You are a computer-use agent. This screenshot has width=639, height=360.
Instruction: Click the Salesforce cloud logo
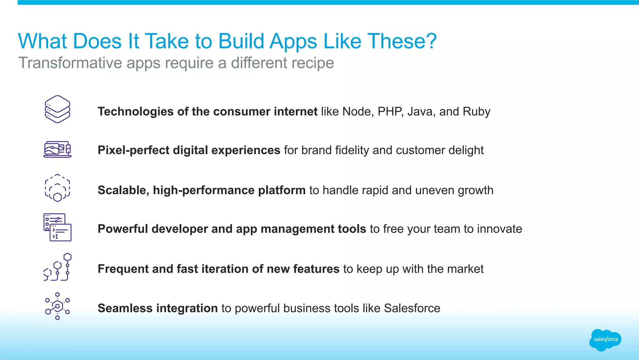(x=605, y=340)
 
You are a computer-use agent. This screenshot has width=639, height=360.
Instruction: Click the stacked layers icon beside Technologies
(x=57, y=109)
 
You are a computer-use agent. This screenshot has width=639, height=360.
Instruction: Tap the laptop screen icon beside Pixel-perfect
(x=57, y=149)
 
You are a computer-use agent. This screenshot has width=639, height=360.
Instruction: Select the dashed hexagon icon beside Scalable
(x=57, y=188)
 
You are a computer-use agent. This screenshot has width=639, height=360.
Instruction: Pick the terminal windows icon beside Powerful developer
(x=57, y=227)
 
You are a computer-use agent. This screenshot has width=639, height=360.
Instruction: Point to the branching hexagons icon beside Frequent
(x=57, y=267)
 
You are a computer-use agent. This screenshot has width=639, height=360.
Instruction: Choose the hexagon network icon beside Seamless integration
(x=57, y=306)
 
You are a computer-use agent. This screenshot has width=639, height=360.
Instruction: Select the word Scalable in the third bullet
(x=123, y=190)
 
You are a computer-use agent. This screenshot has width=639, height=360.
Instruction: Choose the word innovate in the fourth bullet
(x=499, y=229)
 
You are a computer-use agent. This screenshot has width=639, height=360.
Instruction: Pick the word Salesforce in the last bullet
(x=412, y=308)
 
